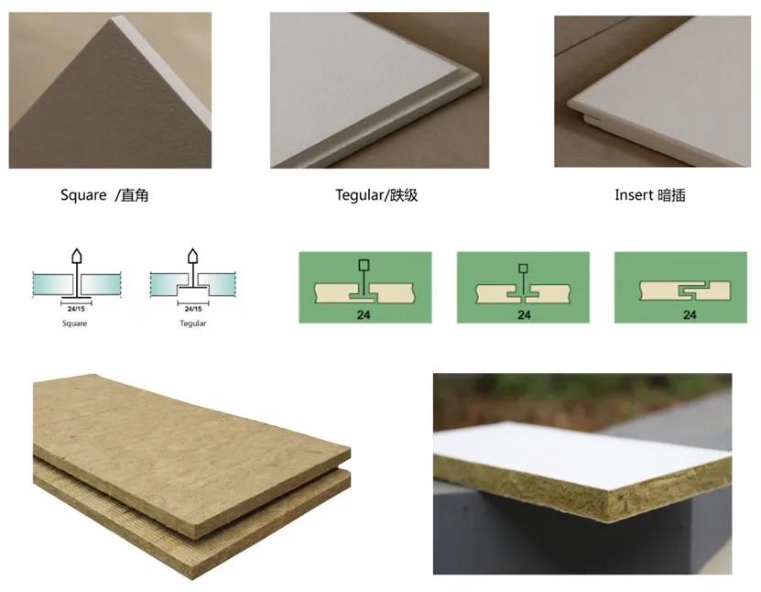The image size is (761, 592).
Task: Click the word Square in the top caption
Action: [83, 195]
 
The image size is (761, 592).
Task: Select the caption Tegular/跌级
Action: [376, 195]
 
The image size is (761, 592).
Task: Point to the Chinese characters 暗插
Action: [671, 195]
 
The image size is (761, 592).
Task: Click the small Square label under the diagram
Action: [74, 323]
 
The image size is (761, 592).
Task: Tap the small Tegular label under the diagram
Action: [192, 323]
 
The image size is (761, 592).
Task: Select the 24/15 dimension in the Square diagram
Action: [76, 309]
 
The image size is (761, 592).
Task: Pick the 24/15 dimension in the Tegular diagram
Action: [193, 309]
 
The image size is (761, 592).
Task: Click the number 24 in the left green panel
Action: [364, 315]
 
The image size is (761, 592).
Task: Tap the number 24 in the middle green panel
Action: [524, 315]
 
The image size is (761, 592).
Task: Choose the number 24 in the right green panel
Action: [690, 315]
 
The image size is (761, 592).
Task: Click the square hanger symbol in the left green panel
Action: [364, 265]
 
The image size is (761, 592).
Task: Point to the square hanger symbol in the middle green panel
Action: [523, 269]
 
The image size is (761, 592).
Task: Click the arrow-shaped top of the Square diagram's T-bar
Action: [77, 256]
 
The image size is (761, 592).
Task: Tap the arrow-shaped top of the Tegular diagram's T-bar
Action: [193, 256]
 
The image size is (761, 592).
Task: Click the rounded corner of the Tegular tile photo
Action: [473, 80]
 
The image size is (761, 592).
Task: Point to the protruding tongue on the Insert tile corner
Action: [591, 118]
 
